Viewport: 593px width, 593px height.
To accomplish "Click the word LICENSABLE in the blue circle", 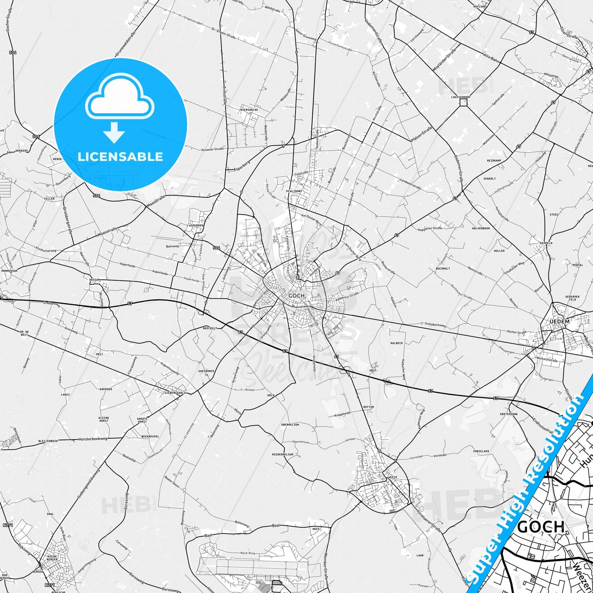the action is pos(120,156).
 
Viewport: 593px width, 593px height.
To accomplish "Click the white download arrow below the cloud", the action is pos(114,133).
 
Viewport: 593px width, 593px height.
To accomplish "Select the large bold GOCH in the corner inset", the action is pos(540,527).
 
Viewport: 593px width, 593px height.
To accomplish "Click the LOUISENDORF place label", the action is pos(460,97).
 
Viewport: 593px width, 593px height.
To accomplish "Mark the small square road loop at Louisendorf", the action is pos(463,102).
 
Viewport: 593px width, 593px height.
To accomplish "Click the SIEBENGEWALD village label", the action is pos(175,393).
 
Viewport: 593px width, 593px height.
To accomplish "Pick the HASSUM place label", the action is pos(95,279).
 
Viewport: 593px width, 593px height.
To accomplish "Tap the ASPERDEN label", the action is pos(196,225).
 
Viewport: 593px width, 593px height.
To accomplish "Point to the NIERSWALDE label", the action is pos(249,110).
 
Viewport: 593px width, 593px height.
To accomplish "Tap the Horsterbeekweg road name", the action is pos(92,439).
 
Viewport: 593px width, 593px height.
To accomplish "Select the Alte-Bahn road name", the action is pos(491,57).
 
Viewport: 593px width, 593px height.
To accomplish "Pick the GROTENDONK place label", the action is pos(508,414).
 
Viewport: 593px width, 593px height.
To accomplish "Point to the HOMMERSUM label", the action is pos(9,271).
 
